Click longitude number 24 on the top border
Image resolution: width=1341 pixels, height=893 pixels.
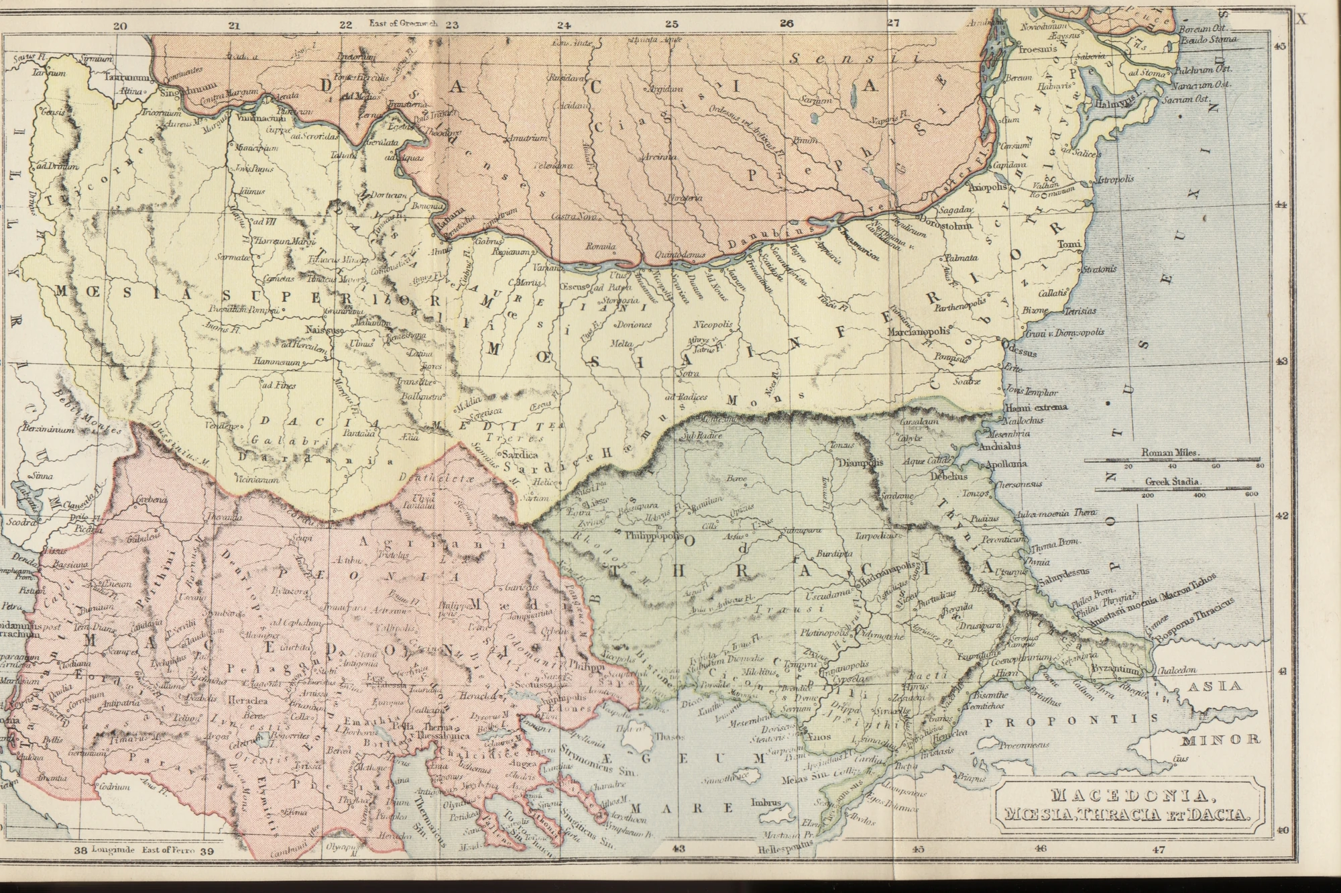coord(563,25)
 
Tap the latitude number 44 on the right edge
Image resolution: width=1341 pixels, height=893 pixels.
coord(1280,205)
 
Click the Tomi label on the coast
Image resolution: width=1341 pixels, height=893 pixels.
coord(1069,245)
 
